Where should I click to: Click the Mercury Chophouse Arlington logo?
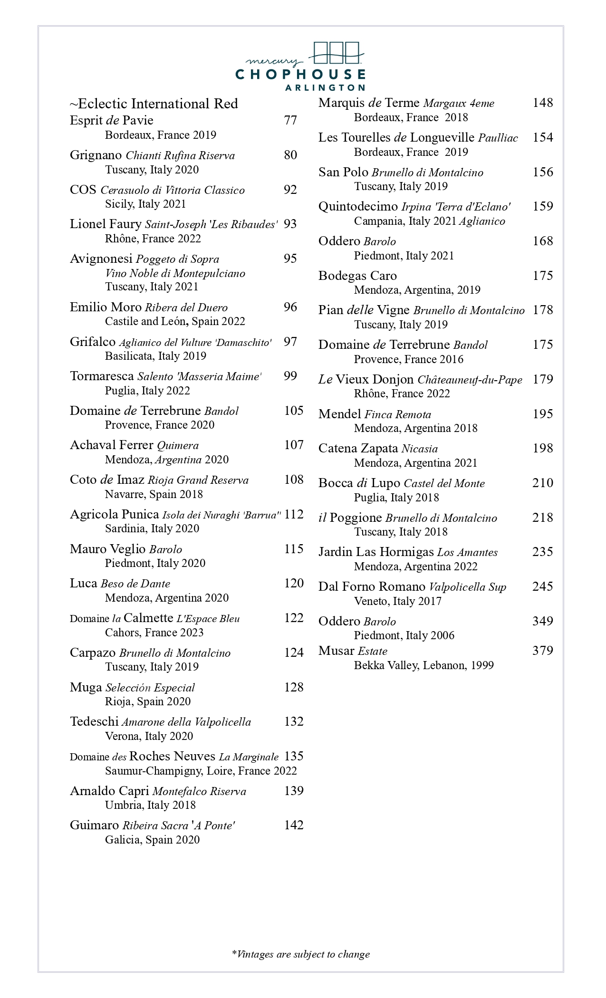coord(300,67)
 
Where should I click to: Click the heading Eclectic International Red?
coord(154,104)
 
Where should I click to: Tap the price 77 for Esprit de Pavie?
coord(290,120)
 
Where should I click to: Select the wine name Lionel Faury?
coord(106,224)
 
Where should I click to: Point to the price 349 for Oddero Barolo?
coord(542,621)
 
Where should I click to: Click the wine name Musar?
coord(336,651)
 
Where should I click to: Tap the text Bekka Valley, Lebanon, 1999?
coord(423,665)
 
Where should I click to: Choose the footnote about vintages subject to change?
coord(300,954)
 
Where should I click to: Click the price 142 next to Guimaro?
coord(294,825)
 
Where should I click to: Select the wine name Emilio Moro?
coord(106,307)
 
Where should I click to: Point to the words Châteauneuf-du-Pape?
coord(470,380)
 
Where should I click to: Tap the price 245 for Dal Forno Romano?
coord(542,586)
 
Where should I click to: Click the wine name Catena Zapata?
coord(358,448)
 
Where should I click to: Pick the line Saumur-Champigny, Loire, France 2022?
coord(201,770)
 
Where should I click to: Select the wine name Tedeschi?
coord(94,721)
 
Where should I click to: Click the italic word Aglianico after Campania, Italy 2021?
coord(482,221)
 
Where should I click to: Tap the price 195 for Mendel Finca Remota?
coord(542,414)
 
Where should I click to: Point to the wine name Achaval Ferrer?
coord(111,445)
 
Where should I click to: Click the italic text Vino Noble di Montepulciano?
coord(175,273)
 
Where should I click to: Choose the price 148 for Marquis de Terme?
coord(542,103)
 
